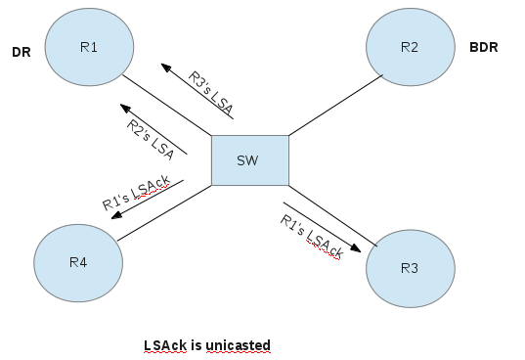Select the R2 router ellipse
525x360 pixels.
(x=411, y=46)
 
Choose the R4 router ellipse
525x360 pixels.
(x=78, y=262)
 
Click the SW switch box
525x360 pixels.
(x=250, y=159)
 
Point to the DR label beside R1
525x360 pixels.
(x=22, y=53)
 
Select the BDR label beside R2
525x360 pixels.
(x=484, y=46)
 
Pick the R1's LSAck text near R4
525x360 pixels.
(x=136, y=191)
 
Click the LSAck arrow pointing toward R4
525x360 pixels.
(x=147, y=199)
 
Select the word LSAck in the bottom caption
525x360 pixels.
(x=162, y=345)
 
